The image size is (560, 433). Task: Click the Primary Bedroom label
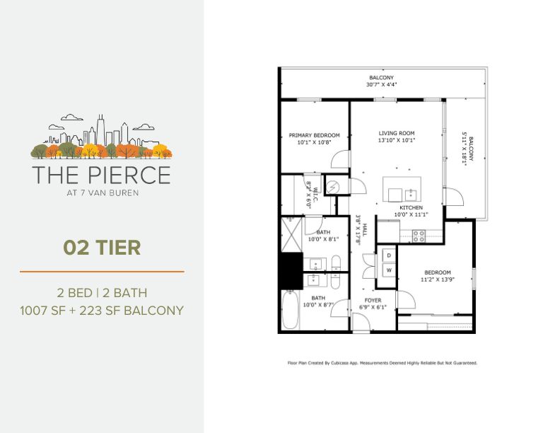(x=314, y=135)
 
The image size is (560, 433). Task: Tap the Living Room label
(x=396, y=133)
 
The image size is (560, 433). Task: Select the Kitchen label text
(x=410, y=207)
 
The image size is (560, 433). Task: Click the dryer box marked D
(x=388, y=254)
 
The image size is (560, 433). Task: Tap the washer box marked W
(x=388, y=270)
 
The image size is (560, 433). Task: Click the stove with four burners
(x=418, y=236)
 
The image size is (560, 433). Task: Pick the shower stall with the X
(x=292, y=231)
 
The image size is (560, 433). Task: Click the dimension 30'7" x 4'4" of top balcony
(x=382, y=84)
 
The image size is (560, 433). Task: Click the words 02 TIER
(x=102, y=248)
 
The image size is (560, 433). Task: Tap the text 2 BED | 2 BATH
(x=102, y=292)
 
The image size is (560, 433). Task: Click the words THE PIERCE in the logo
(x=102, y=174)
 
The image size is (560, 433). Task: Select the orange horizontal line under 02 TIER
(x=102, y=271)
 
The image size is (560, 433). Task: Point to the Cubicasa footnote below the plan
(x=382, y=363)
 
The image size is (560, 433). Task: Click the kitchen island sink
(x=410, y=192)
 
